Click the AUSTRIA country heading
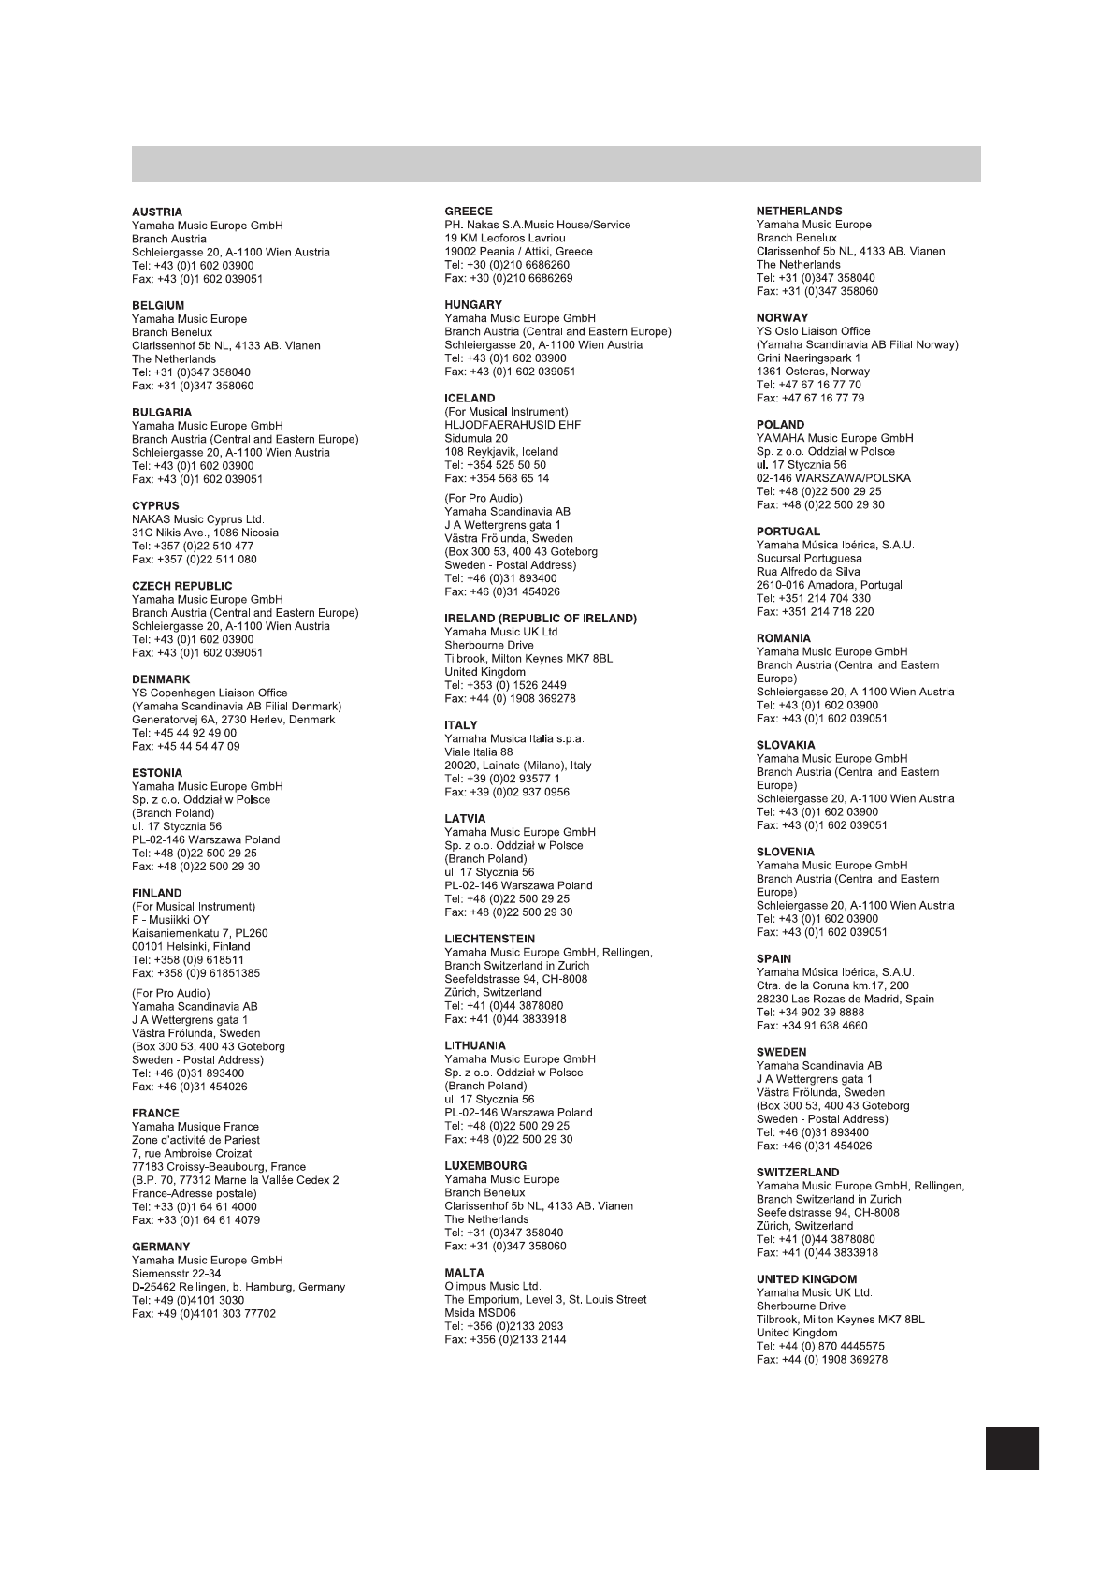(x=157, y=212)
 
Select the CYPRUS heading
(x=155, y=506)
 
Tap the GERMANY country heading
(x=161, y=1248)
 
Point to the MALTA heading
(x=464, y=1273)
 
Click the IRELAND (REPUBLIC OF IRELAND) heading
(x=541, y=619)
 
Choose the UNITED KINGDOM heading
(x=806, y=1279)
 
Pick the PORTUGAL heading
(x=788, y=532)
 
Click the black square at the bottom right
(x=1011, y=1449)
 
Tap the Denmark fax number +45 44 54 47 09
(x=185, y=747)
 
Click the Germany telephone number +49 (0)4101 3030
(x=188, y=1301)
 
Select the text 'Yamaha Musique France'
(x=195, y=1128)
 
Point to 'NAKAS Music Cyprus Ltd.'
(x=198, y=519)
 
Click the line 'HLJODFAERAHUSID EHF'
(x=513, y=425)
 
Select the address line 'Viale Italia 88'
(x=479, y=752)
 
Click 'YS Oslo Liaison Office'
(x=813, y=331)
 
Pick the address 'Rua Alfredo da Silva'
(x=808, y=572)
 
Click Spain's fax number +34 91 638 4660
(x=812, y=1026)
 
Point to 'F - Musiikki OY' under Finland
(x=171, y=920)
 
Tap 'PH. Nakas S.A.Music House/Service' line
(x=538, y=225)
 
